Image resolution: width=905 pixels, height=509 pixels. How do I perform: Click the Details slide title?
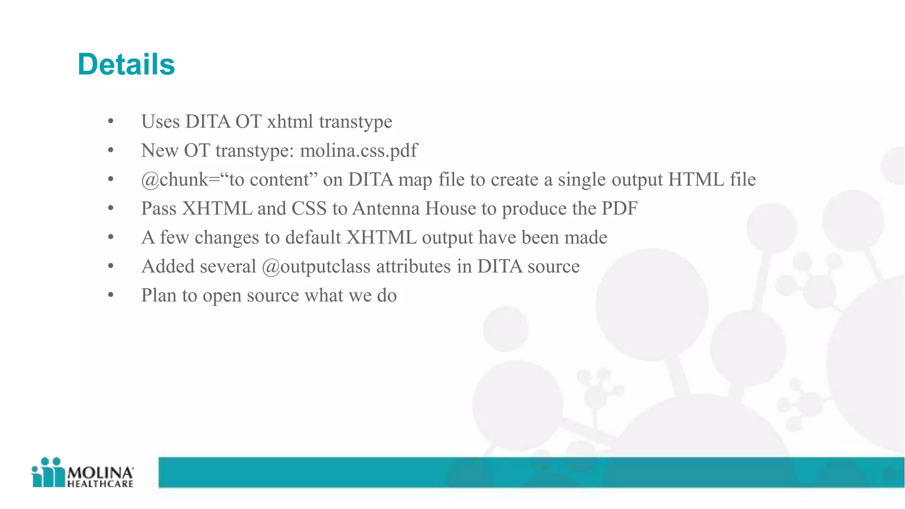tap(126, 65)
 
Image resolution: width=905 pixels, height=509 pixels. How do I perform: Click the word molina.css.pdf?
tap(358, 151)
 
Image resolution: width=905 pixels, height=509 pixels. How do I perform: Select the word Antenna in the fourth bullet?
tap(386, 209)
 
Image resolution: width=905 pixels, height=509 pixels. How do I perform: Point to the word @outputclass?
tap(316, 266)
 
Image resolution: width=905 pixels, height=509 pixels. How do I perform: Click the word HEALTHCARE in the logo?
tap(100, 484)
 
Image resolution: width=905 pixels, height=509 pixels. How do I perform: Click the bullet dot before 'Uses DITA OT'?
tap(110, 122)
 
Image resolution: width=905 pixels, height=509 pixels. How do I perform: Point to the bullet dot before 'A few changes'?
tap(110, 238)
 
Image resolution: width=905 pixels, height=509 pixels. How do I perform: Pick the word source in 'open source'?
tap(273, 296)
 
